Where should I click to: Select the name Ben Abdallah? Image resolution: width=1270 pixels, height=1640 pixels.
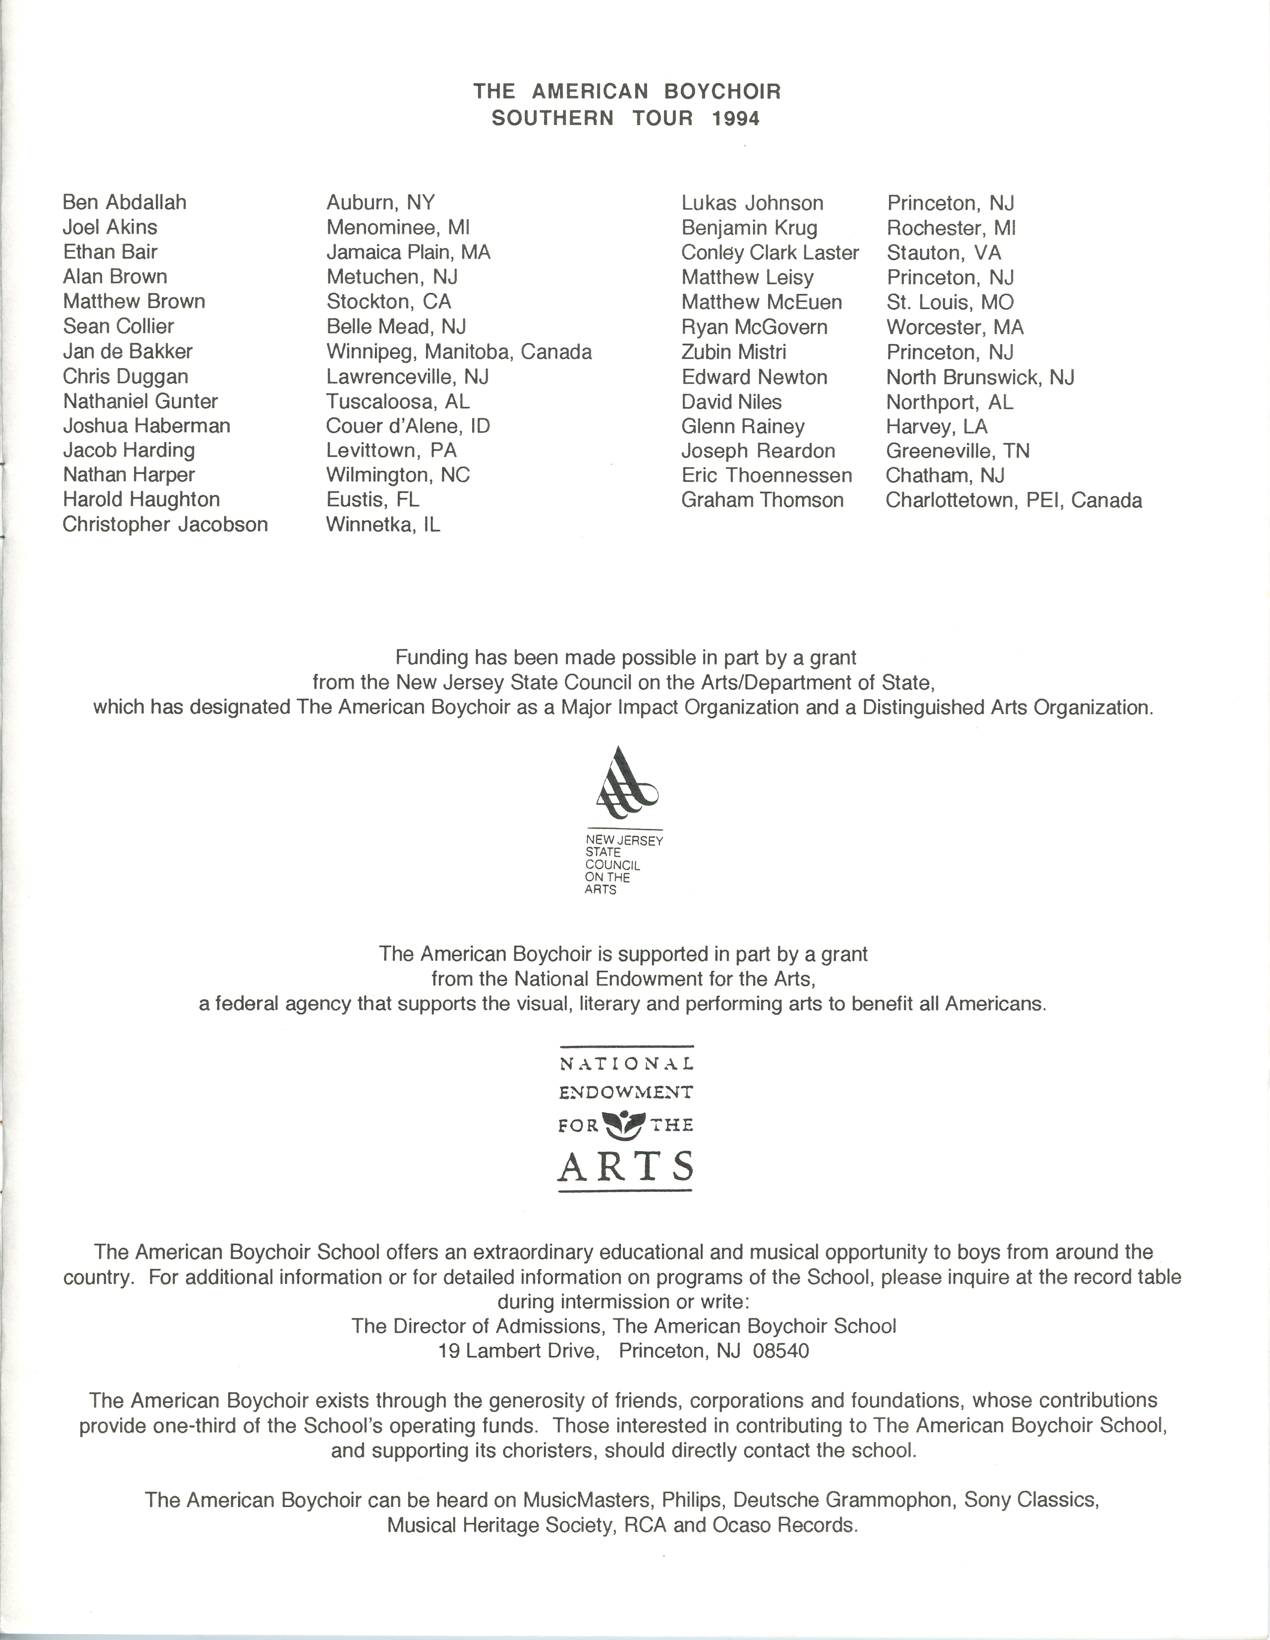pyautogui.click(x=125, y=203)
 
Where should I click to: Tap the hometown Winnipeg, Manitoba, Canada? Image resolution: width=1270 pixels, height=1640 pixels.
pyautogui.click(x=459, y=352)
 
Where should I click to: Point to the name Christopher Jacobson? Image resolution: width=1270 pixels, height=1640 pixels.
pyautogui.click(x=165, y=524)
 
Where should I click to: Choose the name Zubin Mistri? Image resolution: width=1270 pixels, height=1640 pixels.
pyautogui.click(x=734, y=352)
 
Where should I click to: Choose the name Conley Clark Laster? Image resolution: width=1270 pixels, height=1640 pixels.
pyautogui.click(x=770, y=253)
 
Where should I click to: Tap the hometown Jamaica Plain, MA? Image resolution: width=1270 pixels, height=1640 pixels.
pyautogui.click(x=408, y=252)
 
